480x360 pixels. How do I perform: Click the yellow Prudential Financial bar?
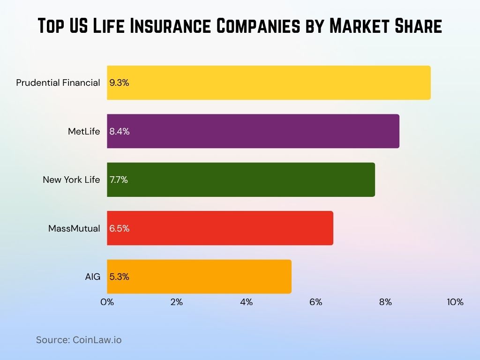coord(269,82)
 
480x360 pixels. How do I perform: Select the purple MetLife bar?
coord(253,131)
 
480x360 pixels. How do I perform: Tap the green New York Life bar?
coord(241,180)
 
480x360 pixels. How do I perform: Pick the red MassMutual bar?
coord(220,228)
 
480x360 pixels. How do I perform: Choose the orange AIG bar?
coord(199,277)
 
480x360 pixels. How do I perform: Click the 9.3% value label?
coord(119,83)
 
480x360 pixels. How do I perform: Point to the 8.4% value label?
coord(120,132)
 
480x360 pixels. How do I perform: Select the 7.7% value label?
coord(119,180)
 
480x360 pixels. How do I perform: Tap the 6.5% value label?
coord(120,229)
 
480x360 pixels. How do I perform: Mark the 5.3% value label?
coord(119,277)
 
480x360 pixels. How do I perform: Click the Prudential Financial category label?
coord(58,83)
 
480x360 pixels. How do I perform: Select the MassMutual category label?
coord(74,229)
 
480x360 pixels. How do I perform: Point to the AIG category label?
coord(93,277)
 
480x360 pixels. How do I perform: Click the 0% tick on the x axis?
coord(107,302)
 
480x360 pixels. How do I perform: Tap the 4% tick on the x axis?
coord(246,302)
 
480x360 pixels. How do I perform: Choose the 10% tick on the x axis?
coord(455,302)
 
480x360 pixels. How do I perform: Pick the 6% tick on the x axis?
coord(316,302)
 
